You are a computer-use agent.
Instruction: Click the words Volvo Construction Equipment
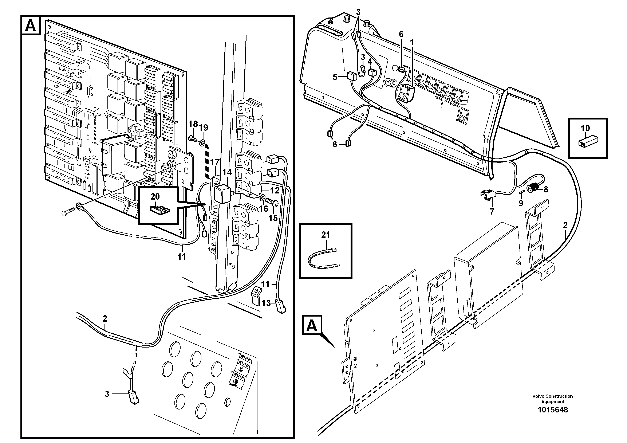coord(552,399)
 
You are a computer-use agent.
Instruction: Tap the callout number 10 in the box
coord(585,128)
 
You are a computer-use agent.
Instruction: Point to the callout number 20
coord(155,196)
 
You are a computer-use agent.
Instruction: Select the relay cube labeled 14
coord(222,194)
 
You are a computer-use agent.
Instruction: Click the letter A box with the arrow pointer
coord(312,325)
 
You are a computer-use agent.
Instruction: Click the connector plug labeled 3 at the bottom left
coord(133,398)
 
